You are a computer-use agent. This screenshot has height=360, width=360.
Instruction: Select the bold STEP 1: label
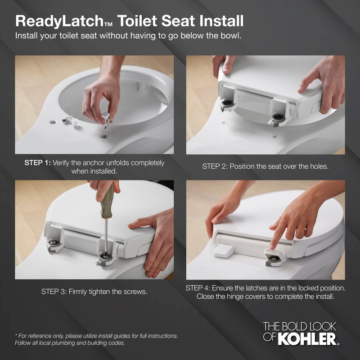click(38, 163)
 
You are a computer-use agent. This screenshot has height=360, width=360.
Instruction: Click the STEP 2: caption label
click(215, 166)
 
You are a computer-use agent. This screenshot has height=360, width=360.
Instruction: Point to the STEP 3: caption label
click(54, 292)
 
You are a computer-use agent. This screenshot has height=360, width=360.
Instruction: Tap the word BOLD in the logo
click(297, 326)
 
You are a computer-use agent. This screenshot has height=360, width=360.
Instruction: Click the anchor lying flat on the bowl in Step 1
click(70, 120)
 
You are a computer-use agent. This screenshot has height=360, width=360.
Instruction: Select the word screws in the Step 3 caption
click(135, 292)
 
